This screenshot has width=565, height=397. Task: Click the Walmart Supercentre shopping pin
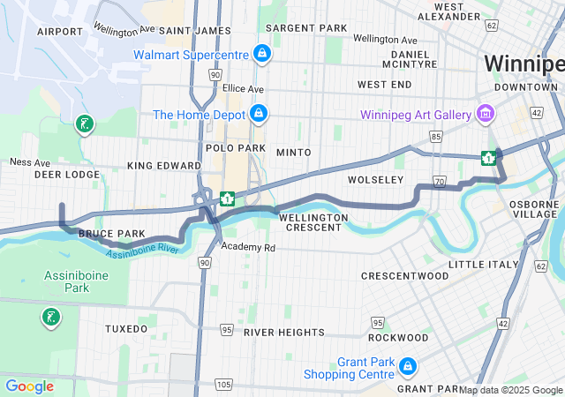[262, 54]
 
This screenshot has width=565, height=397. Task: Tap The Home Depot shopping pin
[259, 114]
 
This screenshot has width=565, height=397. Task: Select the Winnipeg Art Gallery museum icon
[485, 113]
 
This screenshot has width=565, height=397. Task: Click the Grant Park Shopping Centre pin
[407, 365]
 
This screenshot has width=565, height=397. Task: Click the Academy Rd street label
[249, 248]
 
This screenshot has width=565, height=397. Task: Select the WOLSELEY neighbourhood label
[374, 179]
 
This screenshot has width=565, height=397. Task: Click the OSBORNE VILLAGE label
[533, 209]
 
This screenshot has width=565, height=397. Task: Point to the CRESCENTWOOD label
[405, 276]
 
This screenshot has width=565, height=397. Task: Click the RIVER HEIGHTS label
[284, 332]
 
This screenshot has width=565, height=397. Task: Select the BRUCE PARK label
[111, 234]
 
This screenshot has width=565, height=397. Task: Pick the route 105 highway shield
[224, 385]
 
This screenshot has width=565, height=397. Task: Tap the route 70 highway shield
[439, 182]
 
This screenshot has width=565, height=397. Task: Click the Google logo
[30, 386]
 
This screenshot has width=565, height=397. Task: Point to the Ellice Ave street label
[243, 89]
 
